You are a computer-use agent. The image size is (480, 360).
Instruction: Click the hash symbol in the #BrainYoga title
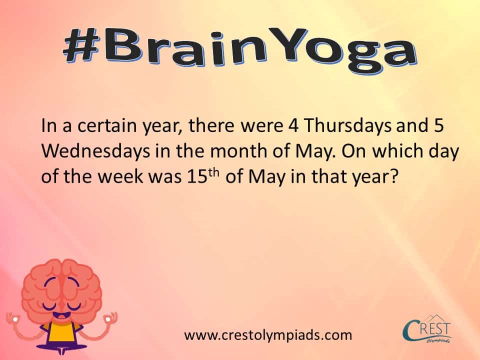coord(85,46)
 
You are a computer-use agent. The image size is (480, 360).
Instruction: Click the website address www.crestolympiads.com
coord(268,335)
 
